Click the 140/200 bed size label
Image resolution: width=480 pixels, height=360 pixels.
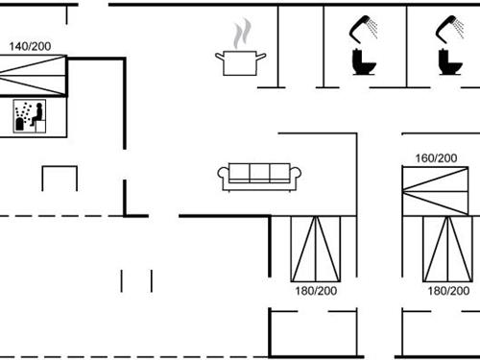pos(30,45)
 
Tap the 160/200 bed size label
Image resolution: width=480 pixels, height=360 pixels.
pos(435,157)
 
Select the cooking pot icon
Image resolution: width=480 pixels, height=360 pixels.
pos(240,63)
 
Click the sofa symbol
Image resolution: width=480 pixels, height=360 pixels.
pos(259,176)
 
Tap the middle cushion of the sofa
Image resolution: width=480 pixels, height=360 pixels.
pos(259,173)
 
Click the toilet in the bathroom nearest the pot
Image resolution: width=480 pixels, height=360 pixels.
pos(362,62)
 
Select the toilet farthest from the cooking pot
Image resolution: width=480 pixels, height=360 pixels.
pos(447,62)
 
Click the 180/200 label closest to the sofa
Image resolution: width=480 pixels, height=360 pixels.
pos(316,290)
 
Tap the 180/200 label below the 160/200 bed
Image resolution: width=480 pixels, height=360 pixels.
pos(448,290)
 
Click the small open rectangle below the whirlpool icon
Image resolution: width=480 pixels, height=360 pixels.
pos(59,179)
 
